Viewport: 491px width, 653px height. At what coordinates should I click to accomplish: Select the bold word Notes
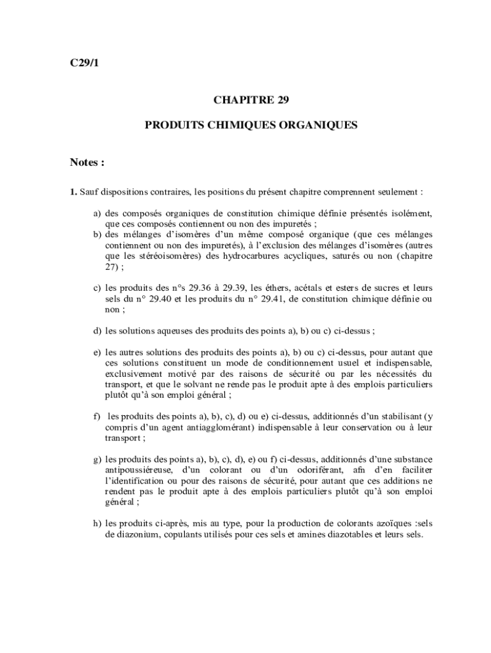pyautogui.click(x=84, y=163)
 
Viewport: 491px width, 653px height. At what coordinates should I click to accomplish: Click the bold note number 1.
pyautogui.click(x=73, y=191)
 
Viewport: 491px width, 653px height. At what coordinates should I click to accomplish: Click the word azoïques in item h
pyautogui.click(x=379, y=524)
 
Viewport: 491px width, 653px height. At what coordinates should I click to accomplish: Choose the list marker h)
pyautogui.click(x=98, y=524)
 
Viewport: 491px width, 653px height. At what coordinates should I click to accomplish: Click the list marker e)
pyautogui.click(x=98, y=351)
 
